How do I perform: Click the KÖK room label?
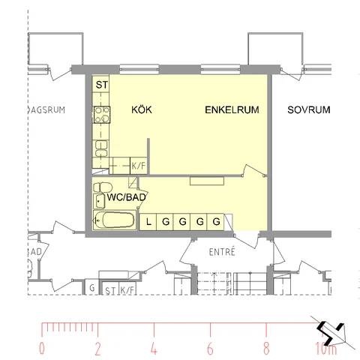coord(142,109)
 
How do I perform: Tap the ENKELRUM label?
coord(232,110)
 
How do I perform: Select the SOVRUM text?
coord(309,110)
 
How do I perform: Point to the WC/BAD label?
coord(126,197)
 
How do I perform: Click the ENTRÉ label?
coord(222,252)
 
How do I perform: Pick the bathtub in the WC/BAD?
coord(115,220)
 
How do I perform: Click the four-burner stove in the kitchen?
coord(102,115)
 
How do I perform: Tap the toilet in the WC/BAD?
coord(103,187)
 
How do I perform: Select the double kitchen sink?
coord(101,148)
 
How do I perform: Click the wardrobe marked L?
coord(148,222)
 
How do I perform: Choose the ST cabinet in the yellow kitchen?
coord(100,84)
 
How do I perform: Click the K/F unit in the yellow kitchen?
coord(139,166)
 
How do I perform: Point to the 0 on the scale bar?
coord(42,349)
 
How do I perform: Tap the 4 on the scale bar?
coord(154,349)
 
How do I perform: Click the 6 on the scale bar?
coord(210,349)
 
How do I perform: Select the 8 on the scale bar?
coord(266,349)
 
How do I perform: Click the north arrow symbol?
coord(332,332)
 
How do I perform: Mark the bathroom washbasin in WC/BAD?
coord(99,201)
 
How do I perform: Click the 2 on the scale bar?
coord(97,349)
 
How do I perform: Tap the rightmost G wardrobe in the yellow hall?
coord(216,222)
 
